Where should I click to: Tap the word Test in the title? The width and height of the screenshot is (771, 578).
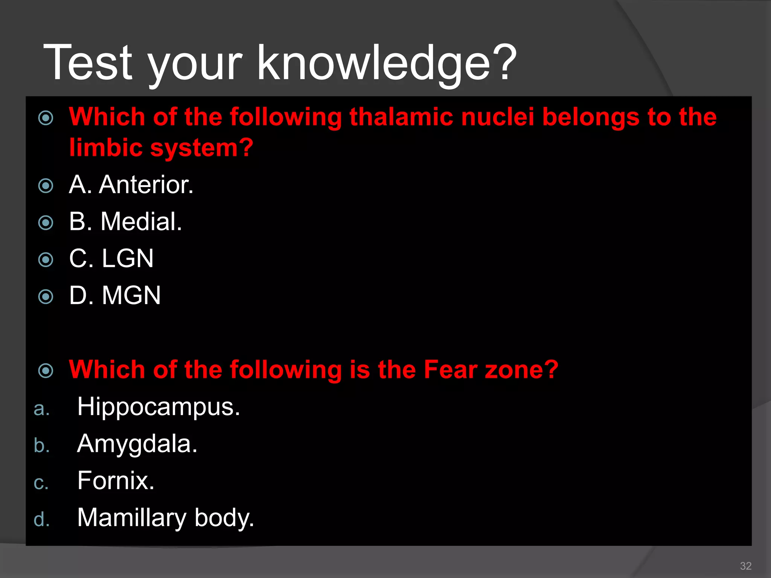(88, 63)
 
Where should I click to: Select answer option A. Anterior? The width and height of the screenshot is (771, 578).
(131, 185)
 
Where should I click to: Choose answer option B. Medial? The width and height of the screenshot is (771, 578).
(125, 222)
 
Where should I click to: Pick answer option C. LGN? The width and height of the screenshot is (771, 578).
(111, 259)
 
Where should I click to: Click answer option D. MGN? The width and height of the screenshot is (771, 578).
(115, 295)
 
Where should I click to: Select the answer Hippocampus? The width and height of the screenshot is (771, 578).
(158, 407)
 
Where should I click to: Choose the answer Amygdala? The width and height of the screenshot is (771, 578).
(137, 444)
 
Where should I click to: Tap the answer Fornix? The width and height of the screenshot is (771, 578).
(116, 481)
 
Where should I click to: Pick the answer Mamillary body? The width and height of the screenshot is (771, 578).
(166, 518)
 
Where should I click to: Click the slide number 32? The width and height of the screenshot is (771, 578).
(745, 566)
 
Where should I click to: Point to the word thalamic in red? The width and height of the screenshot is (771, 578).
(401, 117)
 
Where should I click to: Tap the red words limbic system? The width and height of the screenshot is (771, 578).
(161, 148)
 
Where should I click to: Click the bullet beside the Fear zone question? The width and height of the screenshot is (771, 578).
(46, 371)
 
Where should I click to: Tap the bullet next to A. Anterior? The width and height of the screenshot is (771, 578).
(46, 186)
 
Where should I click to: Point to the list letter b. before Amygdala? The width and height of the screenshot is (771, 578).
(41, 446)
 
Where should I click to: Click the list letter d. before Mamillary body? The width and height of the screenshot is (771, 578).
(41, 519)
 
